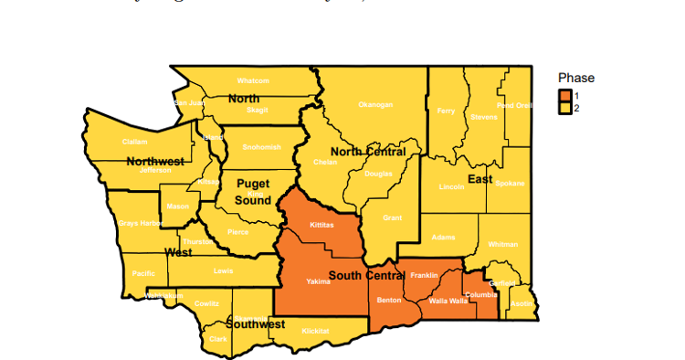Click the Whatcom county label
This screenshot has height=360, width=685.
[253, 80]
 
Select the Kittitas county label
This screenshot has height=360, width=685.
[321, 224]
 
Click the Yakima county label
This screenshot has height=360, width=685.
[318, 281]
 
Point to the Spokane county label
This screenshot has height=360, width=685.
[511, 183]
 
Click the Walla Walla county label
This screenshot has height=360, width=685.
[448, 300]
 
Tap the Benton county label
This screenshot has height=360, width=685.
[389, 300]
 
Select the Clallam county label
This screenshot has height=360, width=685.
[134, 142]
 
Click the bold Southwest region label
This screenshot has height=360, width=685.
[256, 323]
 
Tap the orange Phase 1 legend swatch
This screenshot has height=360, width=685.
[565, 96]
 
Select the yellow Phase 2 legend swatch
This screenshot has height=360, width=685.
[565, 108]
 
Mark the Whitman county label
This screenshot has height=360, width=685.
[502, 244]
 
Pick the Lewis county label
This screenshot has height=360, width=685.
[223, 270]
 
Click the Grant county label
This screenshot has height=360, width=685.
[392, 217]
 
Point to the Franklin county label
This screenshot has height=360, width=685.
[424, 275]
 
